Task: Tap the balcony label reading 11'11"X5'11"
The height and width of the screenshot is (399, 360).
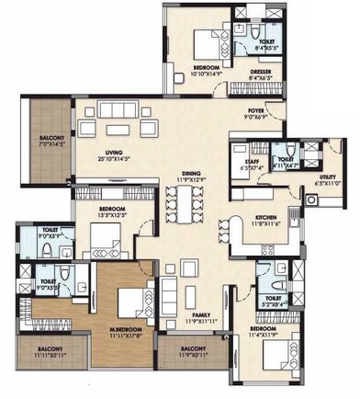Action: pyautogui.click(x=45, y=354)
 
